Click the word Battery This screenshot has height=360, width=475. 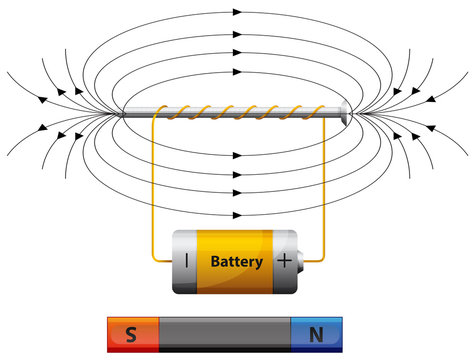click(237, 263)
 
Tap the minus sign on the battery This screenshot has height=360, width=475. click(186, 262)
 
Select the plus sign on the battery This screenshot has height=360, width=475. click(286, 262)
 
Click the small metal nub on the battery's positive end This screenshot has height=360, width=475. click(303, 262)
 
